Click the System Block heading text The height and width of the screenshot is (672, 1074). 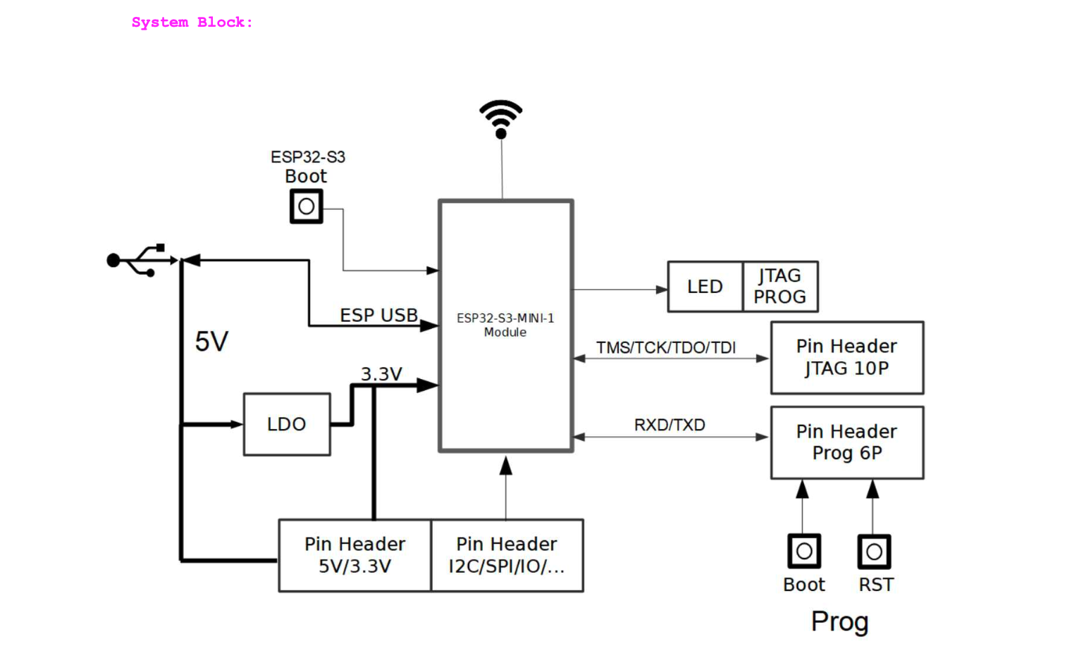(192, 23)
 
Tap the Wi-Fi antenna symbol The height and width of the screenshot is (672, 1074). (501, 118)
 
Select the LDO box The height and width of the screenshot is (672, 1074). (287, 424)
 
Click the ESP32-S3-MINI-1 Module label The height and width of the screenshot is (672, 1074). (505, 325)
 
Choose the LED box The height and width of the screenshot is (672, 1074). (705, 287)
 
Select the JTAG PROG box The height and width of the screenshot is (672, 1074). (780, 287)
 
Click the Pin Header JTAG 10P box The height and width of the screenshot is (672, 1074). (847, 358)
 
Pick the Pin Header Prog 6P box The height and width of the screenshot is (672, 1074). (847, 442)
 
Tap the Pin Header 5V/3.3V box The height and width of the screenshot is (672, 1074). (354, 555)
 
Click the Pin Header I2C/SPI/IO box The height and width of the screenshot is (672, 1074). (507, 555)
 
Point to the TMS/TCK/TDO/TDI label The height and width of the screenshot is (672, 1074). (666, 348)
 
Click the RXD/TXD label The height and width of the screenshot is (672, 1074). (669, 425)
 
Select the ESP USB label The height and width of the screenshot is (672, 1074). (379, 316)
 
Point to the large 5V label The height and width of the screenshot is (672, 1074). (211, 342)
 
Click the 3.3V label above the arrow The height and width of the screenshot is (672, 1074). (381, 374)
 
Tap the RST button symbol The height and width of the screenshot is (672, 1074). (874, 552)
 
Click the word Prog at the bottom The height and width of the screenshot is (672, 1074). (839, 622)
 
